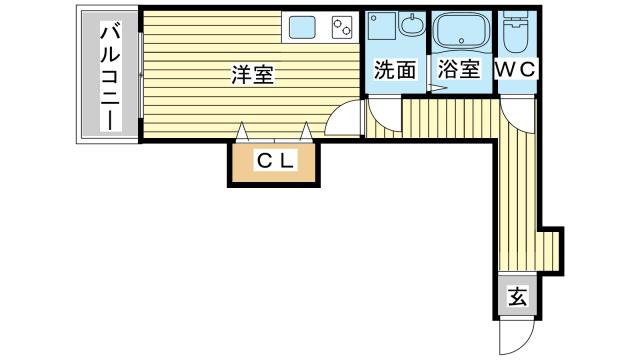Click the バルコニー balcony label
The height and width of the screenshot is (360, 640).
pos(106,79)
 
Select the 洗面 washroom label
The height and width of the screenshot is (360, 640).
pos(394,70)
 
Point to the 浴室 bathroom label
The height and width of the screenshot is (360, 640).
pos(459,70)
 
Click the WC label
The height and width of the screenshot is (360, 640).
pos(518,70)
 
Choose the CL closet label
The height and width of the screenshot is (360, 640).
pos(274,160)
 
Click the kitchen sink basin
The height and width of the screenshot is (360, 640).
pos(303,28)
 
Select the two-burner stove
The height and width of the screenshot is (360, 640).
pos(343,27)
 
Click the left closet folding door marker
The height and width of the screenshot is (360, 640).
pos(241,131)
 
